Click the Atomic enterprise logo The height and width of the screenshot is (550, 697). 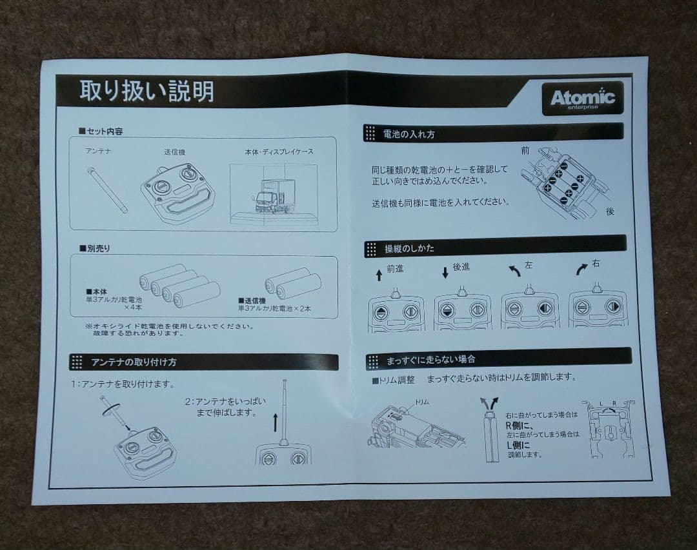click(582, 98)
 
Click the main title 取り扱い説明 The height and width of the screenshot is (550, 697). click(146, 92)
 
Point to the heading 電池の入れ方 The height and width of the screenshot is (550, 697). click(409, 135)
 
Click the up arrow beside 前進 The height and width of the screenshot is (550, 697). click(379, 275)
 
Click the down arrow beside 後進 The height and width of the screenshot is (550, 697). click(445, 272)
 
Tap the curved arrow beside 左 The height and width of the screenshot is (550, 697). click(514, 271)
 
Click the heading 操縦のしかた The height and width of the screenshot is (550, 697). click(410, 248)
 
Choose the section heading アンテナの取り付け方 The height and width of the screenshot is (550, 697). click(134, 362)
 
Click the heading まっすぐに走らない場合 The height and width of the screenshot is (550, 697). click(430, 359)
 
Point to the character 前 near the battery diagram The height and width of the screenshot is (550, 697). click(525, 151)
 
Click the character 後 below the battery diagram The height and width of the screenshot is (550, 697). click(610, 211)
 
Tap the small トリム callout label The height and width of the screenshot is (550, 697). click(421, 402)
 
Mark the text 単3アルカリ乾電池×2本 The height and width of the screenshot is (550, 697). click(274, 309)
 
